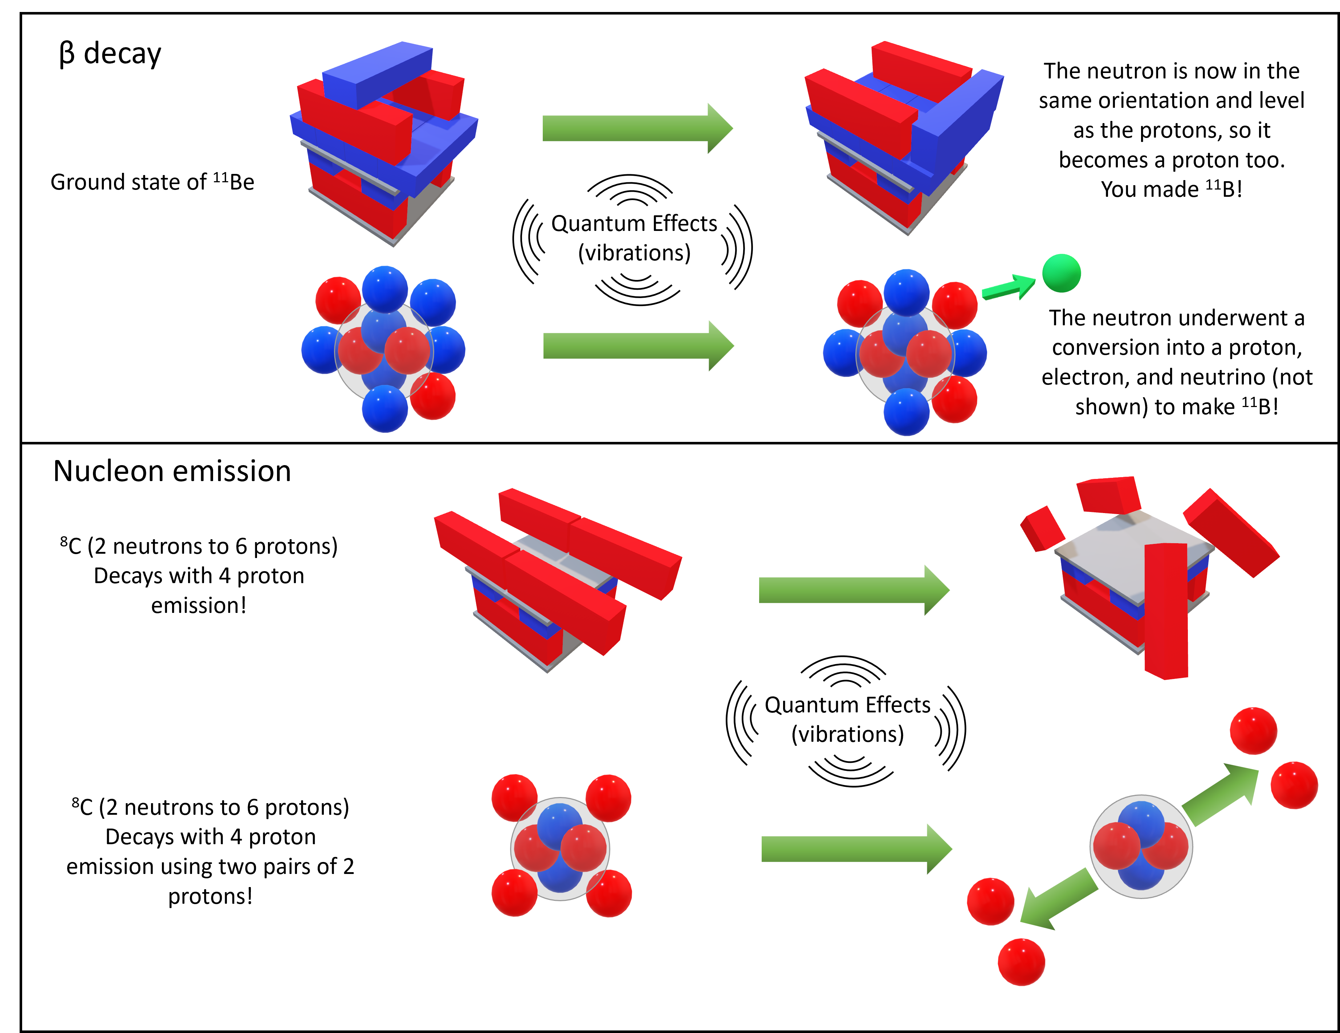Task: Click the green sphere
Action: [1062, 273]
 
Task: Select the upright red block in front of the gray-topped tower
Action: [1166, 611]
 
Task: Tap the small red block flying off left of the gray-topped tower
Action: [1042, 528]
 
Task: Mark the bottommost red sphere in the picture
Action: [1021, 962]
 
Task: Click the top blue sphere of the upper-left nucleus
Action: [385, 289]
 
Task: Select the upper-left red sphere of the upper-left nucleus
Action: [338, 300]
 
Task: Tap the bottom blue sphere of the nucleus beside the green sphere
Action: [906, 412]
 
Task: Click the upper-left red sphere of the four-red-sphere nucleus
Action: [514, 797]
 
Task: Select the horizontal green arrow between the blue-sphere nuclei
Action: [638, 346]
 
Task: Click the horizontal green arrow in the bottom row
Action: [856, 849]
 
